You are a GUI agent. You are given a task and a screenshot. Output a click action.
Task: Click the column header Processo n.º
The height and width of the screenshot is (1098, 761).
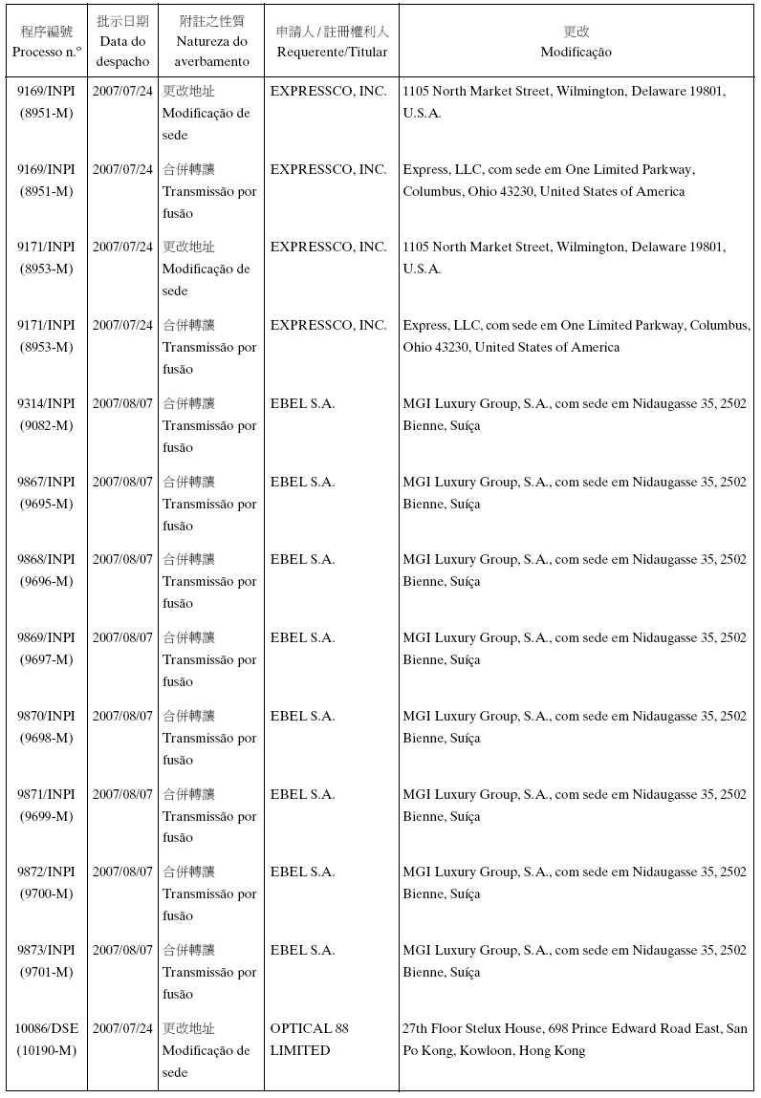[x=46, y=52]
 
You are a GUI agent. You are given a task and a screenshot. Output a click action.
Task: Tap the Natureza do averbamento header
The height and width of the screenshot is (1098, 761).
[x=211, y=52]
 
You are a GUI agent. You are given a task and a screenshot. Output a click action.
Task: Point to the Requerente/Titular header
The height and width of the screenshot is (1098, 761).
[x=332, y=52]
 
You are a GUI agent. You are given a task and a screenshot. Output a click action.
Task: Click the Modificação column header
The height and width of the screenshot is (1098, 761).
[x=576, y=52]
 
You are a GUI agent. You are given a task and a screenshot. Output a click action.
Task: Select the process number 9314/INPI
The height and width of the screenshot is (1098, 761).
[x=46, y=403]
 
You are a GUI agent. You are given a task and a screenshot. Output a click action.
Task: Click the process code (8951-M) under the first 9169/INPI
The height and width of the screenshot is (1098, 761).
[x=46, y=113]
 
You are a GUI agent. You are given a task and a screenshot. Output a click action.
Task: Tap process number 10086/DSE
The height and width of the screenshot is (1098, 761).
[x=46, y=1028]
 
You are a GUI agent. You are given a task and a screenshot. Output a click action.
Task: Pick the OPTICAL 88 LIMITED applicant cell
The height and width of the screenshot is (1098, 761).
[x=309, y=1040]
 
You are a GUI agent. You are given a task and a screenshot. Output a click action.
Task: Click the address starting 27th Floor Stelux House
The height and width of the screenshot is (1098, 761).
[x=575, y=1040]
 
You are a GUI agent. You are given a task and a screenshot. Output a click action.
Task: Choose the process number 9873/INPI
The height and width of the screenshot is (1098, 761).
[x=46, y=950]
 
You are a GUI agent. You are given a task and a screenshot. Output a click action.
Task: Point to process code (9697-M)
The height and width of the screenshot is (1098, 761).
[x=46, y=659]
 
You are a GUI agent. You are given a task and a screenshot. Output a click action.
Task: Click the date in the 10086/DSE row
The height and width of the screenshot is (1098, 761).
[x=122, y=1028]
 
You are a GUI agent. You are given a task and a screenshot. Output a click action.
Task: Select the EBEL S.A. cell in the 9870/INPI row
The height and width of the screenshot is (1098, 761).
[x=302, y=716]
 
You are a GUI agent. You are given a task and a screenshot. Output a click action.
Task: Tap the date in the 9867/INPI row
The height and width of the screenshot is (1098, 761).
[x=122, y=482]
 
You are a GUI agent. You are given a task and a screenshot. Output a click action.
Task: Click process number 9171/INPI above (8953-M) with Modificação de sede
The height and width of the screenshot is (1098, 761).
[x=46, y=247]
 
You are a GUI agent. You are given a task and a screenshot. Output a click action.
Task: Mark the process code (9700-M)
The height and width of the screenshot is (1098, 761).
[x=46, y=893]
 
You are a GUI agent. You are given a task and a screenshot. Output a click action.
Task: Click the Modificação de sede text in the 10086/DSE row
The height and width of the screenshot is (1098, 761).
[x=206, y=1062]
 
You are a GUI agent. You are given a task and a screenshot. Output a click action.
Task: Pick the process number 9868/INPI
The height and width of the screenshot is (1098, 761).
[x=46, y=559]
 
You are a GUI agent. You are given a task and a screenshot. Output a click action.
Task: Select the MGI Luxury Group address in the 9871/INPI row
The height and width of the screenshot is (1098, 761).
[x=575, y=805]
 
